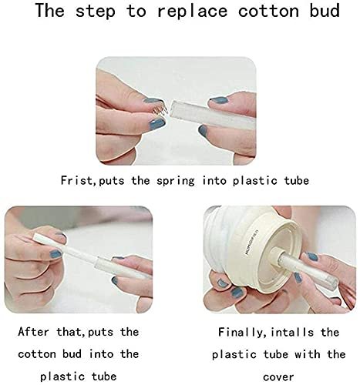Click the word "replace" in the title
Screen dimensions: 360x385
(x=193, y=12)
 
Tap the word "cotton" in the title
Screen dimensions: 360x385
(x=268, y=11)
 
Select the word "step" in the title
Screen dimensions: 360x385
(x=95, y=12)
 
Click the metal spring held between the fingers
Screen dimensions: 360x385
(x=160, y=110)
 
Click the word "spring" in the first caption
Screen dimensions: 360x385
(x=176, y=181)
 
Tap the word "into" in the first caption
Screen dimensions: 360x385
(x=214, y=180)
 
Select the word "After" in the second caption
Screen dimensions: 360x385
(x=33, y=332)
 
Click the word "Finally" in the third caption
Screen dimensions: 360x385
(x=240, y=333)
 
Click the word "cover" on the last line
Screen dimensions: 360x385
(x=278, y=377)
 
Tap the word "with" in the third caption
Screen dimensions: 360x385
(x=308, y=354)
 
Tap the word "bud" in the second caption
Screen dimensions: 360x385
(x=72, y=354)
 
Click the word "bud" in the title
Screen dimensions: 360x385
(x=325, y=11)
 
